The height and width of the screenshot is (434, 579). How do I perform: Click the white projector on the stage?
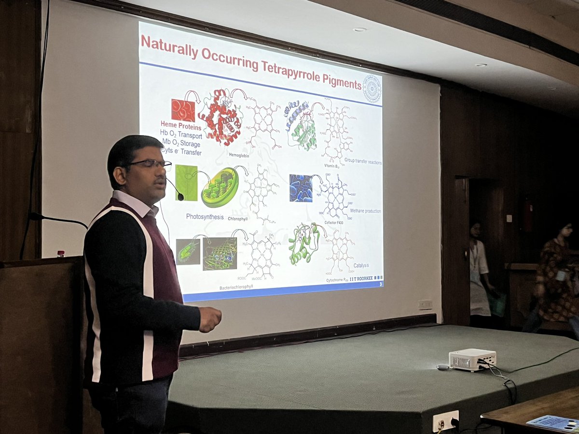[472, 359]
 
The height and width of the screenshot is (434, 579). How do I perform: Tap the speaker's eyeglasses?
[150, 164]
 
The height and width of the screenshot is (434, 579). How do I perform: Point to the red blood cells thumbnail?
[183, 110]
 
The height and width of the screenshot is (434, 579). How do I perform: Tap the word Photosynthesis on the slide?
[205, 217]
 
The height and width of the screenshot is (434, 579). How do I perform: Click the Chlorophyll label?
[239, 218]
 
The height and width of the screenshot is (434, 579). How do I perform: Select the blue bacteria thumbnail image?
[301, 188]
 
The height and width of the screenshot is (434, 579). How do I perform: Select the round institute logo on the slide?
[372, 89]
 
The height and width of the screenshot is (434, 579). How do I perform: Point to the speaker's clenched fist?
[211, 319]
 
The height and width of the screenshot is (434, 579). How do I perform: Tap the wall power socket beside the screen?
[425, 305]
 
